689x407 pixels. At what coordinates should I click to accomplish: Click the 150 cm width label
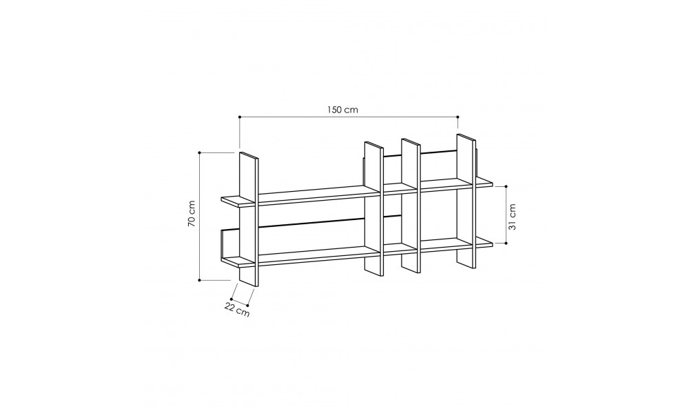(342, 110)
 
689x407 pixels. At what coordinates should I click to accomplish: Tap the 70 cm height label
(192, 214)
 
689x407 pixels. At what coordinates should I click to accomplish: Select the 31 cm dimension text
(512, 217)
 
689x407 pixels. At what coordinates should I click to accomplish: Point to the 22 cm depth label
(237, 309)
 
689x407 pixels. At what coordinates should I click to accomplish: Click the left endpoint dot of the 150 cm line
(240, 117)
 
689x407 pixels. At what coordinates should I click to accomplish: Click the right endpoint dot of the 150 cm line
(458, 117)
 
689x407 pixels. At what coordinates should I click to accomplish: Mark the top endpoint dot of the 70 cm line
(200, 152)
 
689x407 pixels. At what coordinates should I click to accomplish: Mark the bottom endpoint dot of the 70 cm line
(200, 280)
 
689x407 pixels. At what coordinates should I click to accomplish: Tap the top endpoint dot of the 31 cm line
(506, 186)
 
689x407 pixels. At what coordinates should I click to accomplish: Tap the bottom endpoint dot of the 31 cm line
(506, 242)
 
